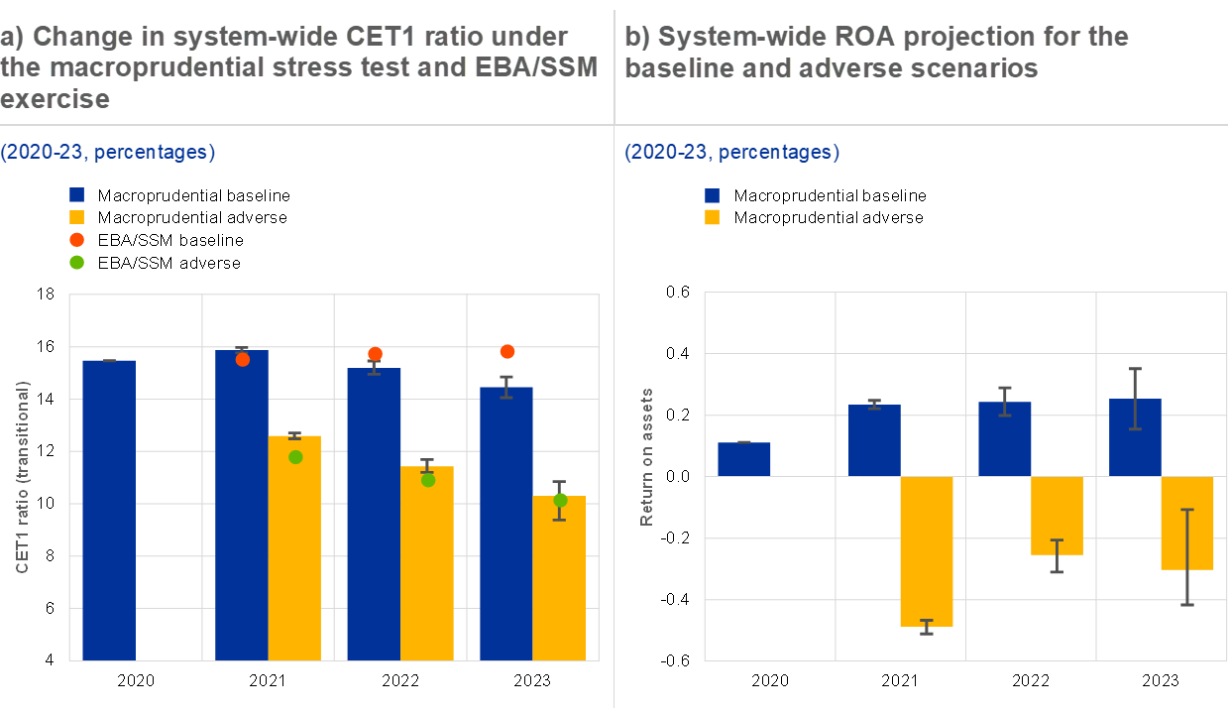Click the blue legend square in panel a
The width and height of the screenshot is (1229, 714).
tap(77, 195)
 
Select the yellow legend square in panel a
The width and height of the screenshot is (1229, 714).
tap(77, 217)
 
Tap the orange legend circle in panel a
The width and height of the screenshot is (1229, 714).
tap(77, 240)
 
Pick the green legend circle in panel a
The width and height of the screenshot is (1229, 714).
tap(77, 263)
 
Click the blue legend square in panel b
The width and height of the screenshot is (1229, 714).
tap(712, 195)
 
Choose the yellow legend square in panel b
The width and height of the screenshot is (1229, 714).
tap(712, 217)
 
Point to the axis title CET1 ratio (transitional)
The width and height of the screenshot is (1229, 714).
tap(22, 476)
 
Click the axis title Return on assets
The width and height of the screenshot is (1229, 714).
tap(646, 456)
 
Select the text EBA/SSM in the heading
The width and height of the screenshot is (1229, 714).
tap(540, 68)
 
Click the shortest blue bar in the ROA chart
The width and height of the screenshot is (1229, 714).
tap(743, 459)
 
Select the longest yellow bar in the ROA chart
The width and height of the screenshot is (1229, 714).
tap(927, 550)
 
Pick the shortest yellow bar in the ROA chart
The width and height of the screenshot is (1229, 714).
tap(1057, 516)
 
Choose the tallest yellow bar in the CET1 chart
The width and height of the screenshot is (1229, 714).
tap(294, 547)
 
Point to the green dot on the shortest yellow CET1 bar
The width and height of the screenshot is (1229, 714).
tap(560, 501)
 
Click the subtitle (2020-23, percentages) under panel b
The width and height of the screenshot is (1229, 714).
tap(731, 152)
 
